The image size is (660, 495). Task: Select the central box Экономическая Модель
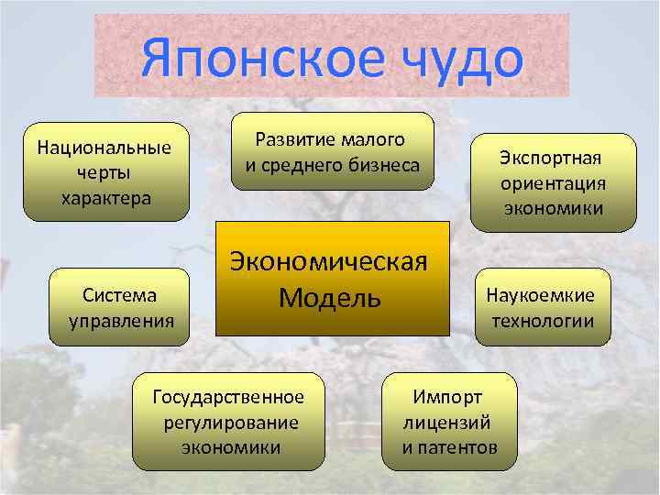pos(333,278)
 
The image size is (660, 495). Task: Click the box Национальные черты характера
pos(105,172)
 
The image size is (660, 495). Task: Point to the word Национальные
pos(105,148)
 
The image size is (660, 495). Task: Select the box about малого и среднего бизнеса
pos(332,151)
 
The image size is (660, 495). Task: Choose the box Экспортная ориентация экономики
pos(552,182)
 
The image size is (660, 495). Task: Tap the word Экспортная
pos(552,157)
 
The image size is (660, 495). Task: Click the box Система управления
pos(119,307)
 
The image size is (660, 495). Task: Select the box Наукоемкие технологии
pos(541,307)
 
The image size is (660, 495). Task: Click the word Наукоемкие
pos(541,295)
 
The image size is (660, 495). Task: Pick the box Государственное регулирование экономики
pos(229,422)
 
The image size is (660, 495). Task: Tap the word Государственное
pos(229,397)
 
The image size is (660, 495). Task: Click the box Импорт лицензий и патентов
pos(449,422)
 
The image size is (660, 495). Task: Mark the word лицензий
pos(447,423)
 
